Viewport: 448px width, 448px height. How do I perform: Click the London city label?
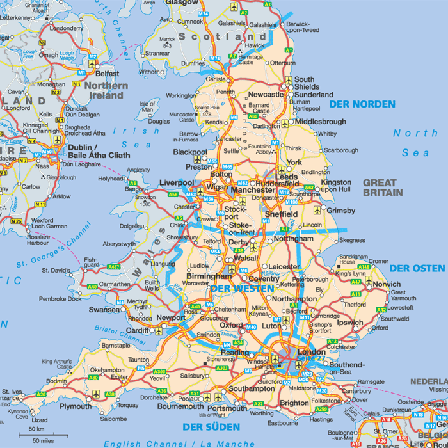[x=312, y=352]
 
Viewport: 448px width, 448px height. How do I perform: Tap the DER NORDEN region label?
[x=362, y=104]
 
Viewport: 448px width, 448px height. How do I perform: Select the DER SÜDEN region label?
[x=211, y=427]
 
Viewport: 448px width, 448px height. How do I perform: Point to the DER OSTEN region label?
[x=418, y=268]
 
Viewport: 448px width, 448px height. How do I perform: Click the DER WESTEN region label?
[x=238, y=289]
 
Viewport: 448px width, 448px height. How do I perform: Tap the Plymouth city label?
[x=75, y=406]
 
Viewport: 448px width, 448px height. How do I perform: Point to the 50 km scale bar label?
[x=36, y=429]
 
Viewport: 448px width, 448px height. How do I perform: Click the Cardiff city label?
[x=137, y=331]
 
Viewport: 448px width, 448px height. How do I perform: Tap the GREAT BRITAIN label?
[x=383, y=188]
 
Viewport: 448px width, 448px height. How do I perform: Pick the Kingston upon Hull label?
[x=336, y=186]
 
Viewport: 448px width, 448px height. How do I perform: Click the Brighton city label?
[x=294, y=403]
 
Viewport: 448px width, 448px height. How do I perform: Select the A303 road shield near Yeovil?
[x=159, y=372]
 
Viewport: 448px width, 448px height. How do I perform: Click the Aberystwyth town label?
[x=118, y=244]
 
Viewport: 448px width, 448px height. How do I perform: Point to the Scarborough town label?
[x=341, y=150]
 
